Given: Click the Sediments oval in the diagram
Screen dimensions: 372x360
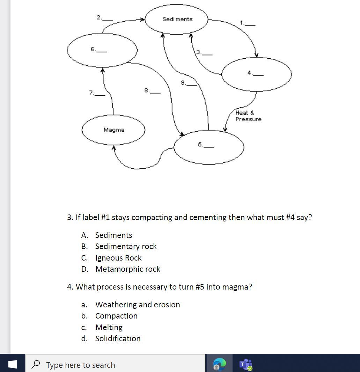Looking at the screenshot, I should click(x=177, y=19).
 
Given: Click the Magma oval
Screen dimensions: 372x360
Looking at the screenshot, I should click(x=113, y=130).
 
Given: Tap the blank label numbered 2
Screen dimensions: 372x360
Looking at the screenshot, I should click(x=104, y=17).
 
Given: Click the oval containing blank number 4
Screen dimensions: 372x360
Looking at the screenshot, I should click(x=256, y=74).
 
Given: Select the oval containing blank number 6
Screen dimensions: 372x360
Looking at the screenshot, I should click(x=102, y=50).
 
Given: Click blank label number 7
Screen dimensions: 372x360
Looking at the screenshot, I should click(x=97, y=93).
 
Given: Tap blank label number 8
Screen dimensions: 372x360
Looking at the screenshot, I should click(x=152, y=91).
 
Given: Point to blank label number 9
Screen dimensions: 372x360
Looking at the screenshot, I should click(x=189, y=83).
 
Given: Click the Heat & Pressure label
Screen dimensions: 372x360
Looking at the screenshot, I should click(x=248, y=116).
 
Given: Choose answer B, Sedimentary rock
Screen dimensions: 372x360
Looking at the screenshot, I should click(x=126, y=246).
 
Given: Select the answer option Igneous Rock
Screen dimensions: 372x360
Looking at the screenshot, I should click(x=118, y=258).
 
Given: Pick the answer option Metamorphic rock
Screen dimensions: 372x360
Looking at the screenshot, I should click(x=127, y=269).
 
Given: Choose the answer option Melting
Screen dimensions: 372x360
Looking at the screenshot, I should click(x=109, y=327).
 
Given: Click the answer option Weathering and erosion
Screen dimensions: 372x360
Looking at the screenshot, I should click(x=137, y=305).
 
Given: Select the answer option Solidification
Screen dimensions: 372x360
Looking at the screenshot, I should click(x=118, y=338).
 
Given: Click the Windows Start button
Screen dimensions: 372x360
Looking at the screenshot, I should click(x=12, y=364).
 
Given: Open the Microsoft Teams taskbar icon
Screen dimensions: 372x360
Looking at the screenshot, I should click(x=246, y=364).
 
